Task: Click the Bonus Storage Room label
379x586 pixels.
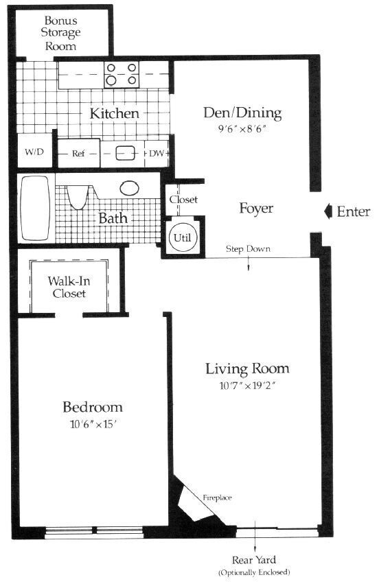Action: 61,32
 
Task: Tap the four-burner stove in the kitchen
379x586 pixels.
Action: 121,74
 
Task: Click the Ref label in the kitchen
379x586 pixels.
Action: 78,154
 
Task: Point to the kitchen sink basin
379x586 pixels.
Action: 124,154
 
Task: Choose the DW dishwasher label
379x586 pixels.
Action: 157,154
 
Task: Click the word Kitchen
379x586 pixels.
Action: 115,113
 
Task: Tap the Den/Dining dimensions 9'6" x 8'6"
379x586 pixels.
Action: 242,128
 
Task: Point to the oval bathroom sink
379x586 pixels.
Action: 130,188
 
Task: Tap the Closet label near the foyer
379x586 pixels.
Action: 183,200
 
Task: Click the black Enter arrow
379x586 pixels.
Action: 328,211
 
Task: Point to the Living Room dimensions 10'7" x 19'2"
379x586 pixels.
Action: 247,385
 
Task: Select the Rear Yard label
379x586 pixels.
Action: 254,561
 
